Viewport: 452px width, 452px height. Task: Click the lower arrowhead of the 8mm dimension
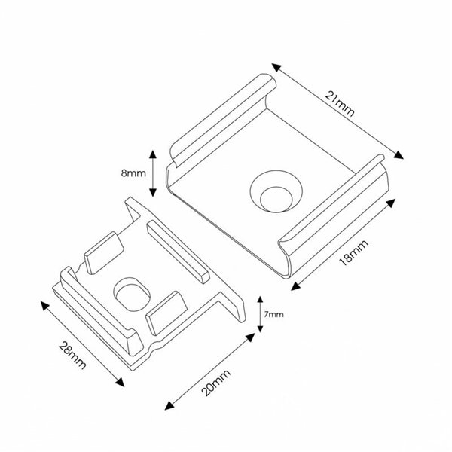[154, 192]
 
